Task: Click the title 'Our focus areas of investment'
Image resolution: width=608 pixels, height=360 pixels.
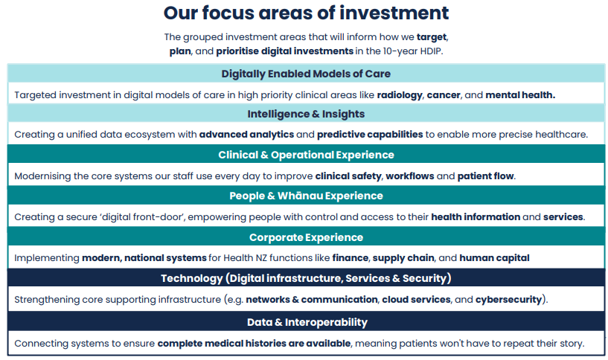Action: click(306, 13)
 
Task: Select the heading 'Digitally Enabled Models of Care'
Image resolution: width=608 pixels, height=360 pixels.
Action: click(306, 74)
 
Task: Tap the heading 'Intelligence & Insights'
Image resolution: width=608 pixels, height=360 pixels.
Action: click(306, 114)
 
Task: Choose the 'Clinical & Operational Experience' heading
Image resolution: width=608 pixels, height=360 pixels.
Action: click(306, 155)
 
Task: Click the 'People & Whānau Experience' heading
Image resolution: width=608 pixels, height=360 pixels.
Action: click(306, 196)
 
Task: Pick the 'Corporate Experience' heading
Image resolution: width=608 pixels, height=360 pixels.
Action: click(306, 237)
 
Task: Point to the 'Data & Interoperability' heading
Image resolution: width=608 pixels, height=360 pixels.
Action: click(307, 322)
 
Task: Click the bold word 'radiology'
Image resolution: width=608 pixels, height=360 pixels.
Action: click(400, 95)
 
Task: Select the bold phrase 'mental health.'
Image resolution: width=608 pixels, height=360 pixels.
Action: click(520, 95)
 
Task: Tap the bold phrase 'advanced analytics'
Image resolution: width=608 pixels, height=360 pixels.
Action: click(246, 135)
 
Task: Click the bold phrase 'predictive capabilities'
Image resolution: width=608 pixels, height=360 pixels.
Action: click(370, 135)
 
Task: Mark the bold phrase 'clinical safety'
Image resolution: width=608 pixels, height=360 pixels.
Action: click(348, 176)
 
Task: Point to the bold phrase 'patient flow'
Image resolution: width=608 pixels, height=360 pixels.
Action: click(485, 176)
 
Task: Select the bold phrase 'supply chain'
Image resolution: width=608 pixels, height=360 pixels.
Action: click(403, 258)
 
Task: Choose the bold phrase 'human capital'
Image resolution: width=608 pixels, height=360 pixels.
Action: click(494, 258)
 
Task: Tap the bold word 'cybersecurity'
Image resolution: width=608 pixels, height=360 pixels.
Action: click(508, 300)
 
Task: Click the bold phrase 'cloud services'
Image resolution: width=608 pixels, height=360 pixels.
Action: click(416, 300)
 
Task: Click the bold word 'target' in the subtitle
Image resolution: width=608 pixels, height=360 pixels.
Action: click(432, 37)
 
